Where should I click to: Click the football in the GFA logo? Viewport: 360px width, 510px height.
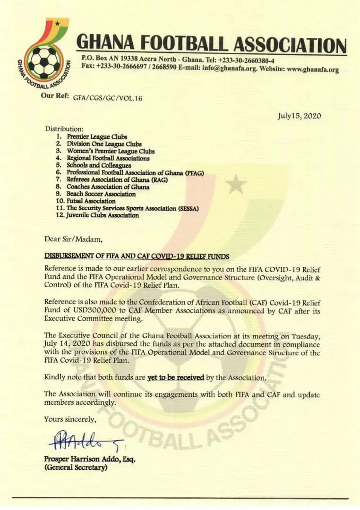pyautogui.click(x=43, y=62)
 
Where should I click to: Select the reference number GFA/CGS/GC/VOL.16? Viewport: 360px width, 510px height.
pyautogui.click(x=107, y=98)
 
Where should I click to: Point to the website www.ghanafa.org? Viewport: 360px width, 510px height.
pyautogui.click(x=313, y=69)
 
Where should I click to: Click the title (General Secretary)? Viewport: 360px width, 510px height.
pyautogui.click(x=76, y=468)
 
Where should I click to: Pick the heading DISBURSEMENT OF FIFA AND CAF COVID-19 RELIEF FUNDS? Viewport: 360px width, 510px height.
pyautogui.click(x=137, y=256)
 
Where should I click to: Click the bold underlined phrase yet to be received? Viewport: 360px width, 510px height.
pyautogui.click(x=176, y=377)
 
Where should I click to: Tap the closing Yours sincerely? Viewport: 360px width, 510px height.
pyautogui.click(x=69, y=419)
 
